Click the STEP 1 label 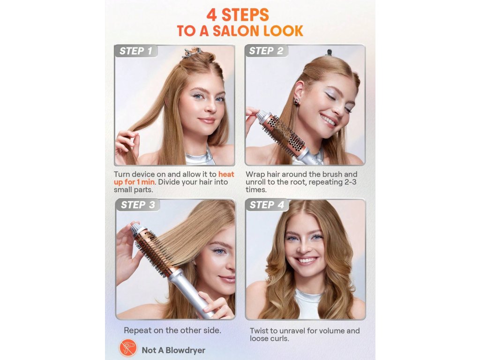coord(135,51)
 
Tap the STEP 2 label coord(266,51)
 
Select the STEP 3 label coord(138,205)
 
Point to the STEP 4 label coord(267,205)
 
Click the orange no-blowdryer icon coord(128,347)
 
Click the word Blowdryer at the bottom coord(185,350)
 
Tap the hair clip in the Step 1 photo coord(192,52)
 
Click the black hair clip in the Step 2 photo coord(329,52)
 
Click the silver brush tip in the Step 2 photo coord(261,117)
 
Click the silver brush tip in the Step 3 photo coord(136,230)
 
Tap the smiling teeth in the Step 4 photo coord(307,261)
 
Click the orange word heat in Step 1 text coord(226,174)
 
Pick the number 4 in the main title coord(212,15)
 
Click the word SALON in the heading coord(233,31)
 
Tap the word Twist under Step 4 coord(259,330)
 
